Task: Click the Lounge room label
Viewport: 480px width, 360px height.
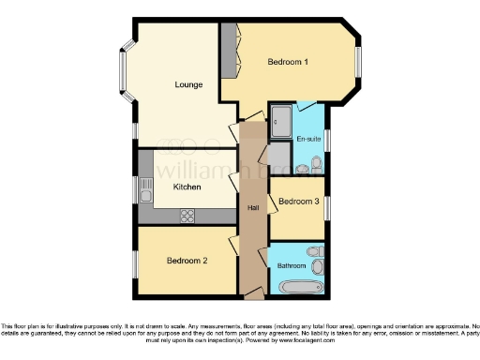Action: (x=188, y=85)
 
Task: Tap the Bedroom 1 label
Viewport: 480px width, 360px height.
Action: (x=289, y=62)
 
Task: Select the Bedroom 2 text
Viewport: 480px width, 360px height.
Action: (x=187, y=260)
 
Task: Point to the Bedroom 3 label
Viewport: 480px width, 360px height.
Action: (x=297, y=201)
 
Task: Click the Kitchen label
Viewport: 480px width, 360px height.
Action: (x=187, y=187)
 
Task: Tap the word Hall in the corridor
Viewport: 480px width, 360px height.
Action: (x=253, y=207)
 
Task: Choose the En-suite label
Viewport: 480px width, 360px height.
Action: (x=307, y=140)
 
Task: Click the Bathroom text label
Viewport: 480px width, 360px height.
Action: (x=292, y=265)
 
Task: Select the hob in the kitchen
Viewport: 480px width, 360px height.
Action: (x=187, y=215)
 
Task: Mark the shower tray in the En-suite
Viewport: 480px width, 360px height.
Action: (x=283, y=118)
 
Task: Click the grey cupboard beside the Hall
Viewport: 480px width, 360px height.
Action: (x=278, y=156)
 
